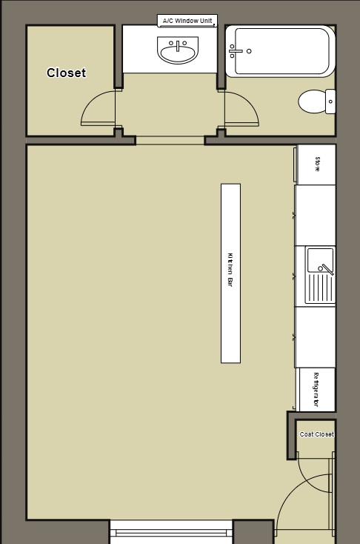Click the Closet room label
pos(66,73)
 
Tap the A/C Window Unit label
pos(187,21)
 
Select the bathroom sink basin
pos(178,52)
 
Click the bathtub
pos(280,51)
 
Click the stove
pos(316,165)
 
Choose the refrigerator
pos(316,389)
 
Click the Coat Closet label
pos(316,434)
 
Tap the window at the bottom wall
pos(171,531)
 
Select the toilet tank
pos(330,102)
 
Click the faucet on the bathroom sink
pos(178,43)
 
